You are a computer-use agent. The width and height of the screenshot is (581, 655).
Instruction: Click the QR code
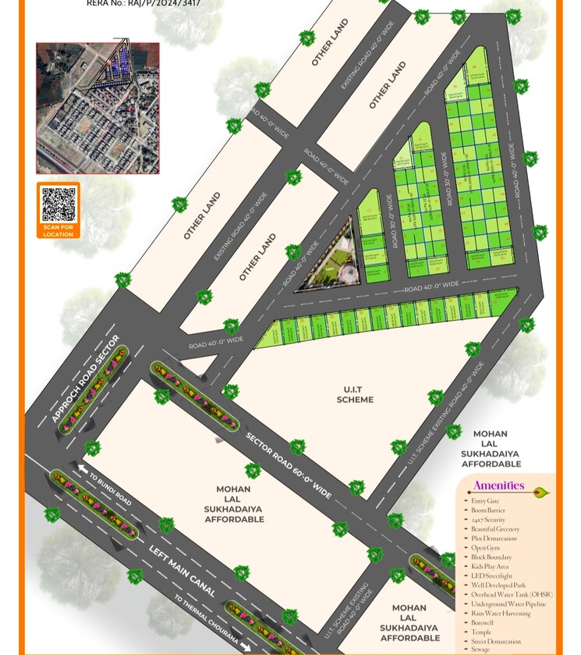[58, 204]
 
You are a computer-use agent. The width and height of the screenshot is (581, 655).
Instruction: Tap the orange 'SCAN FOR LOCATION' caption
[58, 230]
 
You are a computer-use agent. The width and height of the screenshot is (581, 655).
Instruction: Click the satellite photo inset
[97, 108]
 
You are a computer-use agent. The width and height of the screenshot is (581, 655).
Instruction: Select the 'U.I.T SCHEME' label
[355, 394]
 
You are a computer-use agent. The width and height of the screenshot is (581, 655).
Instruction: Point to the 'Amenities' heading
[498, 486]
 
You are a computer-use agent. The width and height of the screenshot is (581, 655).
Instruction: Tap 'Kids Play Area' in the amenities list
[491, 566]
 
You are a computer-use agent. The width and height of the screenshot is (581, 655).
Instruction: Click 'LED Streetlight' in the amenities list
[492, 575]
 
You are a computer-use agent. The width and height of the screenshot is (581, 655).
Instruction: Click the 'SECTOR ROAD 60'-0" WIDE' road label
[289, 465]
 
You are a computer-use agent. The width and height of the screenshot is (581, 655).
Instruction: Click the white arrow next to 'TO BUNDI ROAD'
[83, 468]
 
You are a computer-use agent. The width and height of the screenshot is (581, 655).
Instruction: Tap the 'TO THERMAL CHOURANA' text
[206, 621]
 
